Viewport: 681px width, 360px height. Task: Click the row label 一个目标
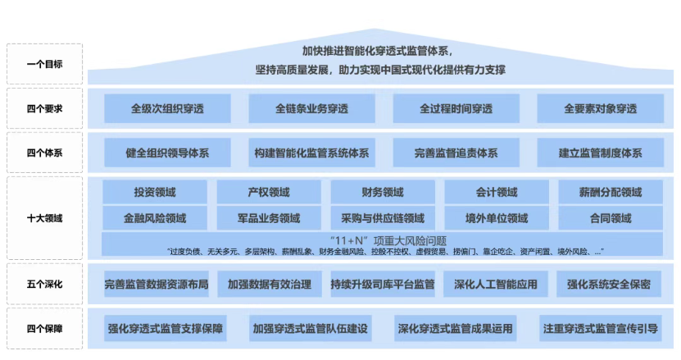tap(45, 64)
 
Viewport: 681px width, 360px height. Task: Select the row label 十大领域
tap(45, 218)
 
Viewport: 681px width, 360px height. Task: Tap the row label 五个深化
tap(45, 285)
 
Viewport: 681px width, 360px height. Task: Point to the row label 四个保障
tap(45, 329)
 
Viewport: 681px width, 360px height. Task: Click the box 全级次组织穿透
tap(167, 109)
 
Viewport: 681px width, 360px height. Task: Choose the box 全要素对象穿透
tap(600, 109)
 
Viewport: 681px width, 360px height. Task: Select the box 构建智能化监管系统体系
tap(311, 153)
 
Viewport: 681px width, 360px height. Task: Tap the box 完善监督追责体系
tap(456, 153)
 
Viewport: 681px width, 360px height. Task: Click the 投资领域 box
tap(155, 192)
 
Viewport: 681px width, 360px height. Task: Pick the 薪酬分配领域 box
tap(611, 192)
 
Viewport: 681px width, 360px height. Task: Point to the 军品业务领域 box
tap(269, 218)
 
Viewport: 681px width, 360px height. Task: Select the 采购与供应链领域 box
tap(383, 218)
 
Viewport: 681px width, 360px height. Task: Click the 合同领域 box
tap(611, 218)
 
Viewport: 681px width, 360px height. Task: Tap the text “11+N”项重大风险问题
tap(388, 240)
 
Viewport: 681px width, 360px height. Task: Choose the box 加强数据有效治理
tap(270, 285)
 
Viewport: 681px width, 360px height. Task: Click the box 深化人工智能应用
tap(496, 285)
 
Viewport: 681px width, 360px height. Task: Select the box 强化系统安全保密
tap(608, 285)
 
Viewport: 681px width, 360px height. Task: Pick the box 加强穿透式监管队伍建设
tap(310, 328)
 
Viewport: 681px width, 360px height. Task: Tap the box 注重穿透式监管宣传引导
tap(600, 328)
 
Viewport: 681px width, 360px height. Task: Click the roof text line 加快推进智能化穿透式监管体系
tap(378, 52)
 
